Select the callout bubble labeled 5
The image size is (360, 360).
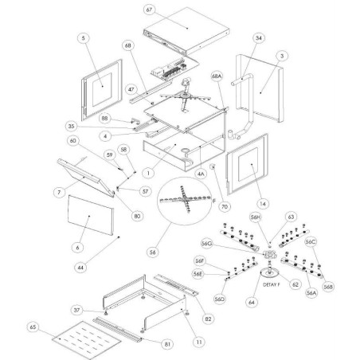85,37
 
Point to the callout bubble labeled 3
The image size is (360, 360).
280,54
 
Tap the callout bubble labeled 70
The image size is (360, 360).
225,205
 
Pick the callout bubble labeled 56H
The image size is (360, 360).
255,216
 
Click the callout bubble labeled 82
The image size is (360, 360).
209,316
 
